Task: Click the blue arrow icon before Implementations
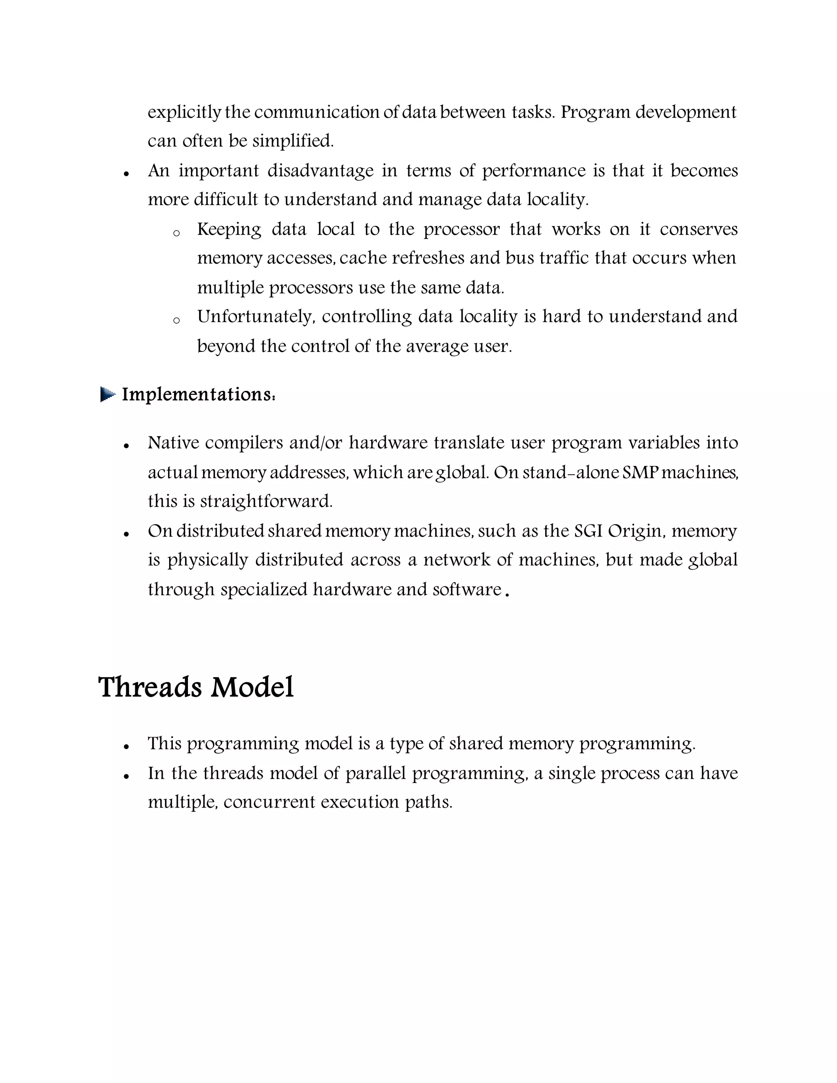pos(107,395)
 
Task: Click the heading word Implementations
pos(197,395)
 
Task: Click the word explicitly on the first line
pos(184,112)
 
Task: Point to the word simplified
pos(293,141)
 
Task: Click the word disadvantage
pos(320,171)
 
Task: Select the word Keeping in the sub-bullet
pos(229,230)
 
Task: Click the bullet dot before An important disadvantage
pos(127,174)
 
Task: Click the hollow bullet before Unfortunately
pos(176,321)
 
